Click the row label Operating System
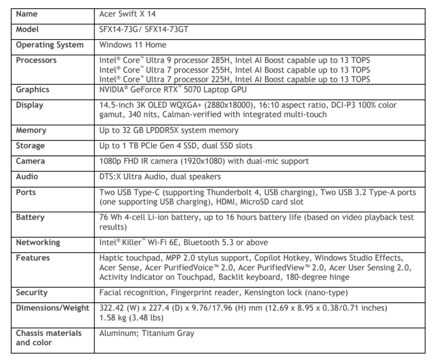(x=50, y=45)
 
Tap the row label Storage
(x=30, y=146)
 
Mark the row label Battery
(x=30, y=217)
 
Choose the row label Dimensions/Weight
(x=52, y=308)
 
